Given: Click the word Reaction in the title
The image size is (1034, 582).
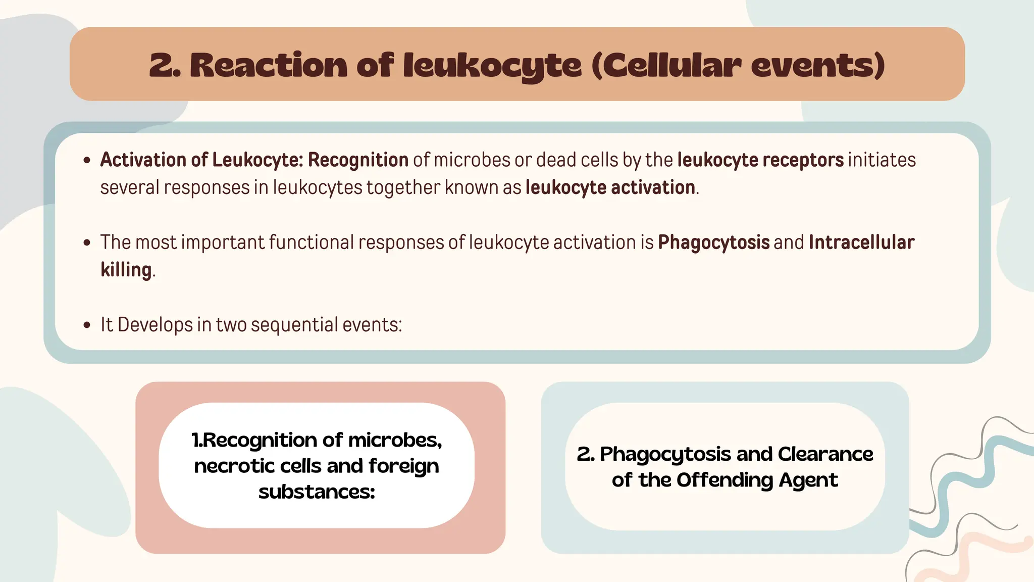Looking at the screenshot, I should (x=268, y=66).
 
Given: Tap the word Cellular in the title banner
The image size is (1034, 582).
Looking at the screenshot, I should (x=671, y=66).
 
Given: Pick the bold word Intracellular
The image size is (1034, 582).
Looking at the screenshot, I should (x=861, y=243).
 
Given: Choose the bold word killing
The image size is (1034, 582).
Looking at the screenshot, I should (x=126, y=270).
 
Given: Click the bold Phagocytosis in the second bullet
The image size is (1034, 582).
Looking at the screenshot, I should (x=713, y=243).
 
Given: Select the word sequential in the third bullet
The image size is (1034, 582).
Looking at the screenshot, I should (x=294, y=325).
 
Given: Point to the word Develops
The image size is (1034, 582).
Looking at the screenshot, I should (x=155, y=325).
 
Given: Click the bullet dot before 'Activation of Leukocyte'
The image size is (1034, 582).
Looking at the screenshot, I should (x=87, y=161).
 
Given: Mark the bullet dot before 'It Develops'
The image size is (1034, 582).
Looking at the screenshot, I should (x=87, y=325).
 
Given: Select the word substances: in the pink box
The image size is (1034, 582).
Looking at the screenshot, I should (x=317, y=492).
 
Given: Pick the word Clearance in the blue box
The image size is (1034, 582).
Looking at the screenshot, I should (x=825, y=454).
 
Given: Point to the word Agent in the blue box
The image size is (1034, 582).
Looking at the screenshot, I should (x=808, y=480).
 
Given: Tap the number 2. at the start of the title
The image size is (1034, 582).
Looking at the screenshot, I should (x=165, y=66).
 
